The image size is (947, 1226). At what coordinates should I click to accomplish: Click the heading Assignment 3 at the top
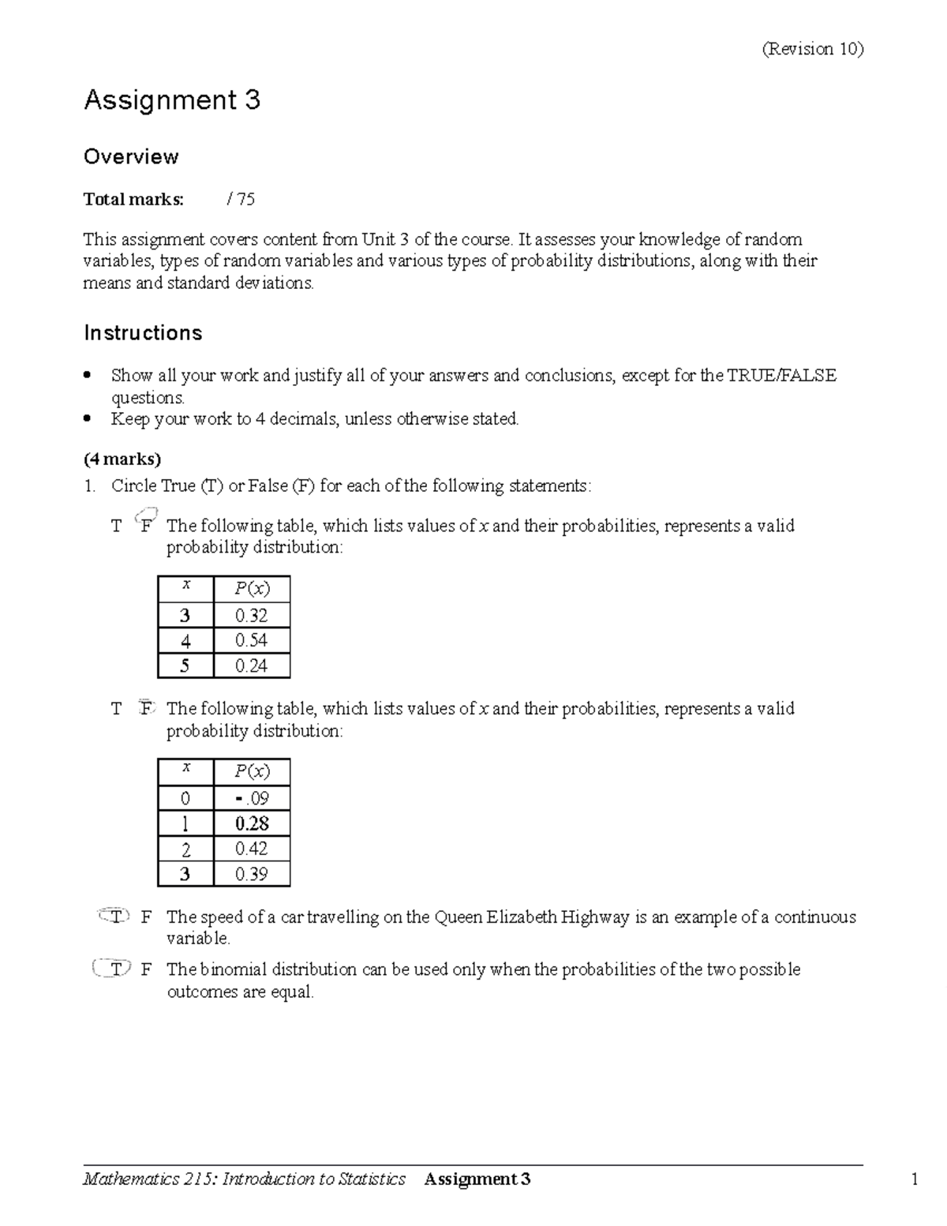(172, 100)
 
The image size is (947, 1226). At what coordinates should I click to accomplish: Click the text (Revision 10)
(812, 49)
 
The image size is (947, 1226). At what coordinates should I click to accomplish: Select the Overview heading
(131, 156)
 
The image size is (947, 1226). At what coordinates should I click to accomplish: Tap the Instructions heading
(143, 333)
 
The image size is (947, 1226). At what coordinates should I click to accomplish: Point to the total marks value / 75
(241, 199)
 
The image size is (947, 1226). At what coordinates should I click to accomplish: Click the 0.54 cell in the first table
(251, 640)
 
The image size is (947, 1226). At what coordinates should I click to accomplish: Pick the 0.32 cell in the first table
(251, 615)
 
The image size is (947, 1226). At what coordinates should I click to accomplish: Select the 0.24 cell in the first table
(251, 665)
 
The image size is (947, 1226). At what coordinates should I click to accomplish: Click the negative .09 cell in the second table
(251, 798)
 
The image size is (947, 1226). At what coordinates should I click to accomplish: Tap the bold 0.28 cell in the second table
(251, 823)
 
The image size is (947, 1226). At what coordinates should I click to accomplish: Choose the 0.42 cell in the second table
(251, 849)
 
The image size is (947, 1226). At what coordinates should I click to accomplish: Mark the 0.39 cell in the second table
(251, 874)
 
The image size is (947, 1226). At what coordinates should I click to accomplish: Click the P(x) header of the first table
(251, 589)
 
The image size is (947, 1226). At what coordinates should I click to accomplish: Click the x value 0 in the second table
(185, 798)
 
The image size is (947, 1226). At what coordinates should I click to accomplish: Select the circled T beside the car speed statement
(116, 917)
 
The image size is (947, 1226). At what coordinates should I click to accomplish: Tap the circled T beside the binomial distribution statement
(114, 969)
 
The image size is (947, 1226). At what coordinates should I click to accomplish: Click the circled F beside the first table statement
(146, 525)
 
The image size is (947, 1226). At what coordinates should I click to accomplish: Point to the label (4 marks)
(122, 459)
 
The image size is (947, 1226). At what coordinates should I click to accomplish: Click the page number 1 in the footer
(915, 1179)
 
